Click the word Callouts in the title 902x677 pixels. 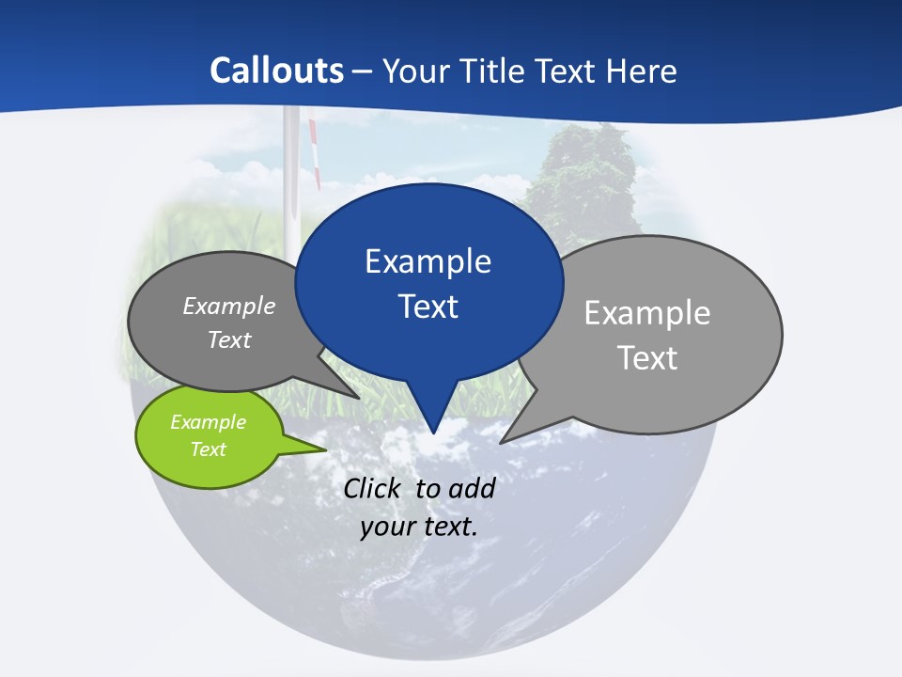(x=276, y=71)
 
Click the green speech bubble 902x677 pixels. (x=209, y=436)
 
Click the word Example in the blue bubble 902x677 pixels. (x=428, y=261)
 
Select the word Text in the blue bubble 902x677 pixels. (x=428, y=307)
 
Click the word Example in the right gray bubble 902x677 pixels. (x=646, y=313)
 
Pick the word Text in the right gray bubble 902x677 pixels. (x=646, y=358)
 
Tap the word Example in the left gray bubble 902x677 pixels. (x=229, y=306)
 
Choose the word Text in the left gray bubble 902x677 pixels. (x=229, y=339)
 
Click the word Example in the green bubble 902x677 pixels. (x=208, y=422)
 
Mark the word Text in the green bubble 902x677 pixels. (x=208, y=449)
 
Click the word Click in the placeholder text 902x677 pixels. (x=373, y=488)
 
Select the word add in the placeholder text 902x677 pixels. (x=472, y=488)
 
